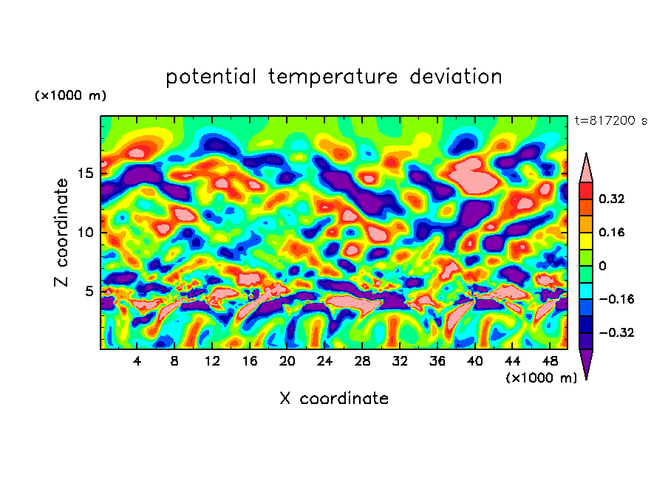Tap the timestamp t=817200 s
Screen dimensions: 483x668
(x=610, y=120)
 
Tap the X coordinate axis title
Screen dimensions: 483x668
(x=334, y=399)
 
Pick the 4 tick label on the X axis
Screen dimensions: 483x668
(x=137, y=361)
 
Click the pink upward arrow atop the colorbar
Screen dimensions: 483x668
(x=586, y=168)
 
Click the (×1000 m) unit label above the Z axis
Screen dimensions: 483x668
(x=70, y=96)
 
